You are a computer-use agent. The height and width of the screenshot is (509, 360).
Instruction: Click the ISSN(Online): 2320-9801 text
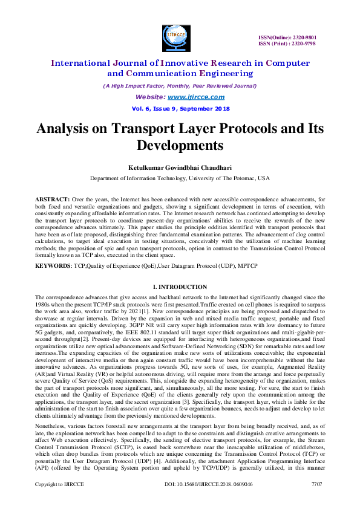coord(287,37)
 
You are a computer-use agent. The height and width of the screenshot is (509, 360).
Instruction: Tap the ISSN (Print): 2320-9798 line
coord(287,44)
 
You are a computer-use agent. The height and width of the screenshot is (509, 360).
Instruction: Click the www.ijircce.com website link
coord(196,97)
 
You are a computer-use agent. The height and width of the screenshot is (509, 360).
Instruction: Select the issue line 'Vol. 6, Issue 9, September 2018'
coord(180,109)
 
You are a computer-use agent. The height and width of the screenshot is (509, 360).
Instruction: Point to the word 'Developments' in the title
coord(180,146)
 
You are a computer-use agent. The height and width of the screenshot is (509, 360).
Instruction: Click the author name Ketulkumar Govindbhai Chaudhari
coord(180,166)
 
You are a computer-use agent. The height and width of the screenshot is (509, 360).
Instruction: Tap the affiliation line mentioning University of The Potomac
coord(180,178)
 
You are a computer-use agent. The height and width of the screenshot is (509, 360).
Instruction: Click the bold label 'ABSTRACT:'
coord(53,199)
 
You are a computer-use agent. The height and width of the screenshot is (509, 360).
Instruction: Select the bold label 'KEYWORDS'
coord(53,265)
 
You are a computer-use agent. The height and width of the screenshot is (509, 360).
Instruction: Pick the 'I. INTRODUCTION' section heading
coord(180,286)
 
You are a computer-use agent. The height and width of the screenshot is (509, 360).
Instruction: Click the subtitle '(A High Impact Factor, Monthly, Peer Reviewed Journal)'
coord(180,85)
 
